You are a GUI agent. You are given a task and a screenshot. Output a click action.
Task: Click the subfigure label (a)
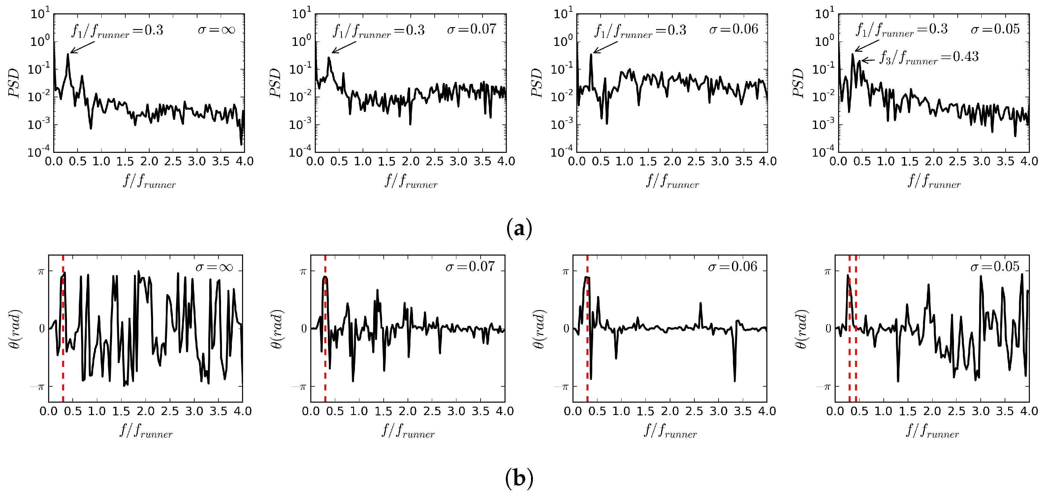point(519,229)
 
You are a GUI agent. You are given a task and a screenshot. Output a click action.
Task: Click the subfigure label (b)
point(519,479)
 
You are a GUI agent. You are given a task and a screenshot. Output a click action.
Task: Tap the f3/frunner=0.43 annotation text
point(929,57)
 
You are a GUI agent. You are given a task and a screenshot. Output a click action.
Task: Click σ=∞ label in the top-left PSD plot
point(216,29)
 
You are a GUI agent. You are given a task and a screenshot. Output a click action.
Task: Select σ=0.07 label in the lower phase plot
point(470,267)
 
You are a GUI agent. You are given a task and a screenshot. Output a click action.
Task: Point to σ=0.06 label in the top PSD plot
point(734,29)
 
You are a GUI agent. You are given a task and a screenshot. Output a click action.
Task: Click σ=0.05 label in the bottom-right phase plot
point(995,267)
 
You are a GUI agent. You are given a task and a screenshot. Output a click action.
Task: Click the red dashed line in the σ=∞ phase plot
point(63,364)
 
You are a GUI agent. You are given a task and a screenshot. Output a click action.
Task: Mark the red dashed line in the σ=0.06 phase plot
point(587,364)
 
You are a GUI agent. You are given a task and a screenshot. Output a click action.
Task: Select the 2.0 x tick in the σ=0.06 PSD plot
point(672,162)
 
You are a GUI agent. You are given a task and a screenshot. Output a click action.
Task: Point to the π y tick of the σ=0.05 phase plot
point(827,271)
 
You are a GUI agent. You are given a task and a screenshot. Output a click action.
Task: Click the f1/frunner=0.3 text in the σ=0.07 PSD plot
point(379,30)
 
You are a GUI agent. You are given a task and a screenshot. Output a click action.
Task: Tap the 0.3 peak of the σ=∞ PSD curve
point(68,55)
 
